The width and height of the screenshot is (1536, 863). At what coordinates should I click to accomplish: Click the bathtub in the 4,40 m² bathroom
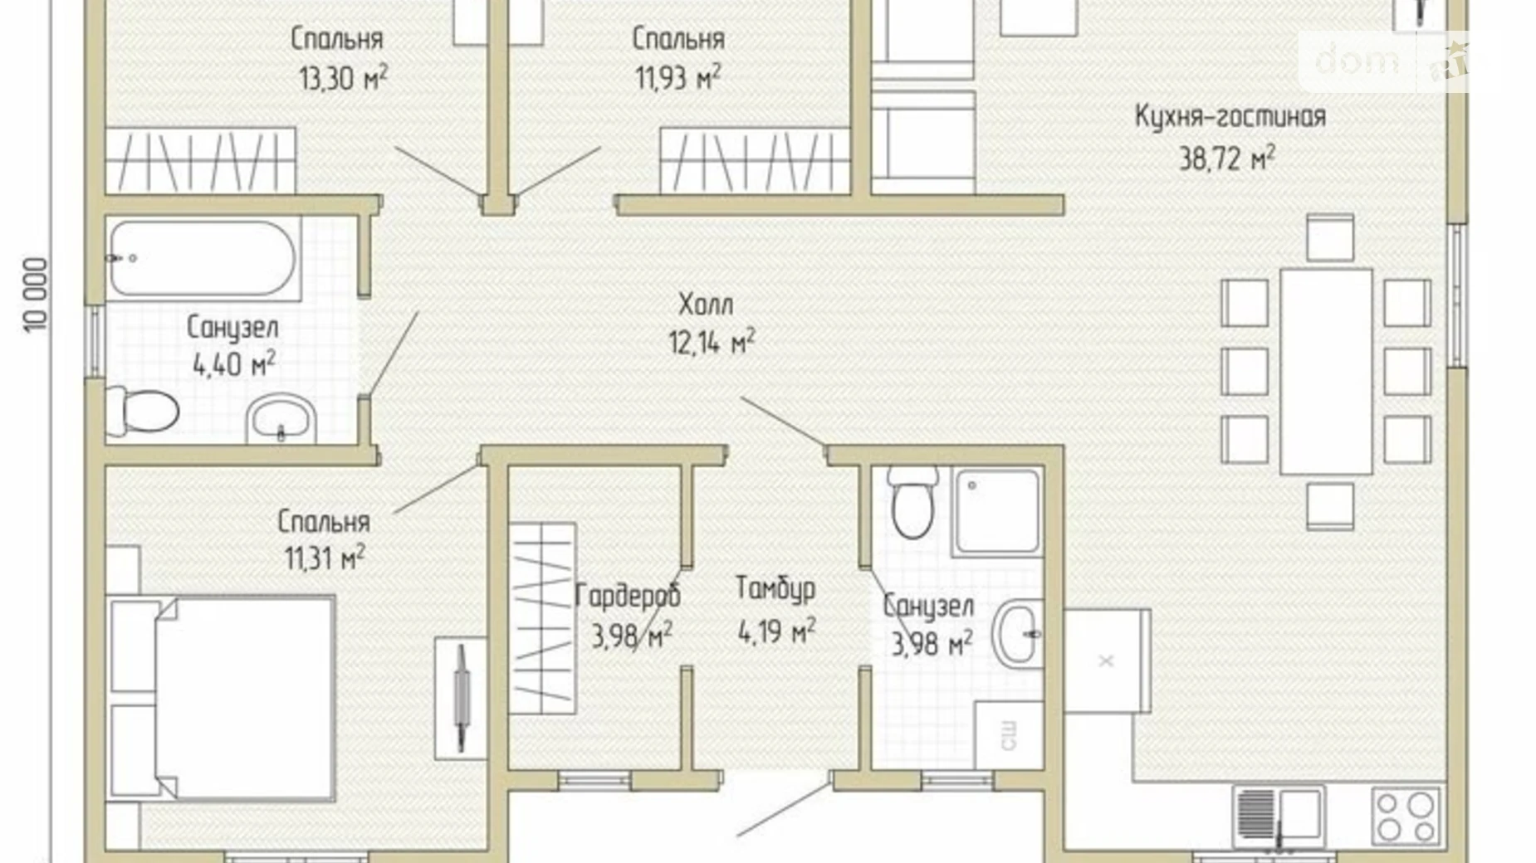[203, 258]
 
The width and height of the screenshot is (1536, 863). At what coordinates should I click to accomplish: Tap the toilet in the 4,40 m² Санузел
[142, 410]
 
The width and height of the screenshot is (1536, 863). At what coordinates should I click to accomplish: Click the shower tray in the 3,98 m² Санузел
[995, 511]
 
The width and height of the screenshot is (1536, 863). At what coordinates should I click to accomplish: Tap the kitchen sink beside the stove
[1279, 817]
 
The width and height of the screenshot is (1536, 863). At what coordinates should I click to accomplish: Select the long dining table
[1326, 371]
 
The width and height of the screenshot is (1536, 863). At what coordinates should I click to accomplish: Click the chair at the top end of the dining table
[1330, 238]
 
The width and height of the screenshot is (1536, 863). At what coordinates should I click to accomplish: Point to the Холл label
[706, 305]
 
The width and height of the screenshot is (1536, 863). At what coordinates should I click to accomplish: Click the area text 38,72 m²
[1227, 158]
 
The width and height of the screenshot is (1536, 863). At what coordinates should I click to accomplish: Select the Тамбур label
[775, 588]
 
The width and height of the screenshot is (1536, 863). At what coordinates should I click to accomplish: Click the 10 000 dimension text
[37, 295]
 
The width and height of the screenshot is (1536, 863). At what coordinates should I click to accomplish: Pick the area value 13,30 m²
[343, 78]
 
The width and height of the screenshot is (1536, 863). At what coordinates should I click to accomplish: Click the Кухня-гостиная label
[1230, 116]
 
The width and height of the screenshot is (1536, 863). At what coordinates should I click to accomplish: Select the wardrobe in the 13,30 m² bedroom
[200, 161]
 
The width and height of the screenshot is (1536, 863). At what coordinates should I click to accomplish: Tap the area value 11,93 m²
[678, 78]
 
